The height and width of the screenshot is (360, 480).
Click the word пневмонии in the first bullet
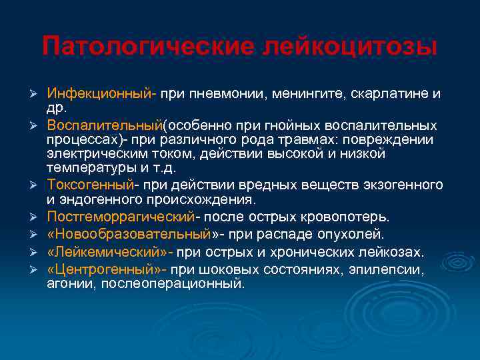(x=227, y=93)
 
